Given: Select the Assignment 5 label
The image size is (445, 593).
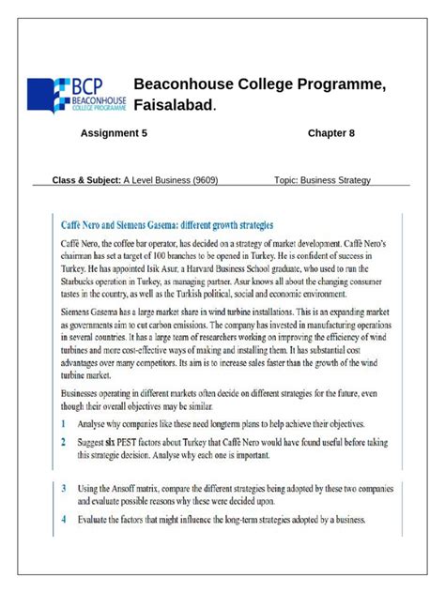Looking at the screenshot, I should pyautogui.click(x=114, y=133).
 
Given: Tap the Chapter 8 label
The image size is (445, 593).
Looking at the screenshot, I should pyautogui.click(x=331, y=133).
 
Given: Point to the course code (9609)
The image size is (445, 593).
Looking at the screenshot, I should pyautogui.click(x=205, y=180).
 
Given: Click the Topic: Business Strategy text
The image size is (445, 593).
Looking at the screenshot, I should pyautogui.click(x=323, y=180).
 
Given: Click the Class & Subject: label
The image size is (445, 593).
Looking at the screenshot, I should pyautogui.click(x=86, y=180).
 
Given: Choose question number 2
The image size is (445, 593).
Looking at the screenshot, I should pyautogui.click(x=63, y=440).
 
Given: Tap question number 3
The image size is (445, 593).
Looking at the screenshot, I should pyautogui.click(x=63, y=489).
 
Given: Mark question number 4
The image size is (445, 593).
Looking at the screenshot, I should pyautogui.click(x=63, y=519).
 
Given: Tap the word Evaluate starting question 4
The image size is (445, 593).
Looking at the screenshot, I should pyautogui.click(x=97, y=519).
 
